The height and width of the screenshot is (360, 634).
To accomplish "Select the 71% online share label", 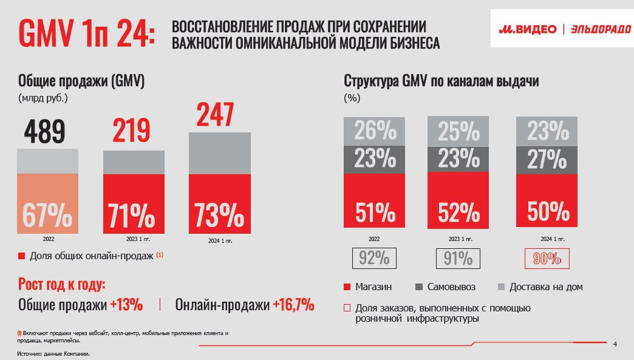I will (x=132, y=215).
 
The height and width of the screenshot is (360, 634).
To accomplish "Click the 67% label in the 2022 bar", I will (x=47, y=215).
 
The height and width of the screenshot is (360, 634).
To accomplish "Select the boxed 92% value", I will (x=374, y=259).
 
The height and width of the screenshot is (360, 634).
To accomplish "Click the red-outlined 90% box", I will (x=547, y=259).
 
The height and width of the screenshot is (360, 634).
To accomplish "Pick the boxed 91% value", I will (x=458, y=259).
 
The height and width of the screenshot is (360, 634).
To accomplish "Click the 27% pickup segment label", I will (x=543, y=160).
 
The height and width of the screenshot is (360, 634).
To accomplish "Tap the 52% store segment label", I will (x=458, y=212).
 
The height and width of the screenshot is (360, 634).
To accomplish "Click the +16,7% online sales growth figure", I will (x=293, y=305).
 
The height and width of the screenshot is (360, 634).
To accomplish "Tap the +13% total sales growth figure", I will (x=126, y=305).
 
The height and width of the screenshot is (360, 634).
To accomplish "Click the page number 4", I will (x=615, y=345).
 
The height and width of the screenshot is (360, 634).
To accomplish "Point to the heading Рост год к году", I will (x=62, y=285).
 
